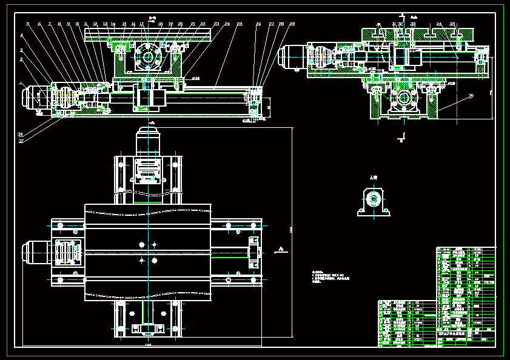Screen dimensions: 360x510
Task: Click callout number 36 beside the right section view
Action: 471,96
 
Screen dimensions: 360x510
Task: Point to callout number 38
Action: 20,135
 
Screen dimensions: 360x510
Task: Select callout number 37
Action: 21,141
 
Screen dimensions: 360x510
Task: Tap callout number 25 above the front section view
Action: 240,24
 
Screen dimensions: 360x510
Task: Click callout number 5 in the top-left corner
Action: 27,24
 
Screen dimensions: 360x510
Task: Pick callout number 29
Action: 292,24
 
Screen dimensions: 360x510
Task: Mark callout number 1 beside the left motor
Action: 21,83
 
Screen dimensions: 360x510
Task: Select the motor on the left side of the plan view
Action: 33,252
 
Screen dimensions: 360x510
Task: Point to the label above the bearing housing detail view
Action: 374,177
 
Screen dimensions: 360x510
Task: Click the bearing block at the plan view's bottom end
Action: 149,329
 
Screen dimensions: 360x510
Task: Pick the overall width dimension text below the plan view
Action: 148,345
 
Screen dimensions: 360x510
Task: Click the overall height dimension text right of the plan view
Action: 290,229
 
